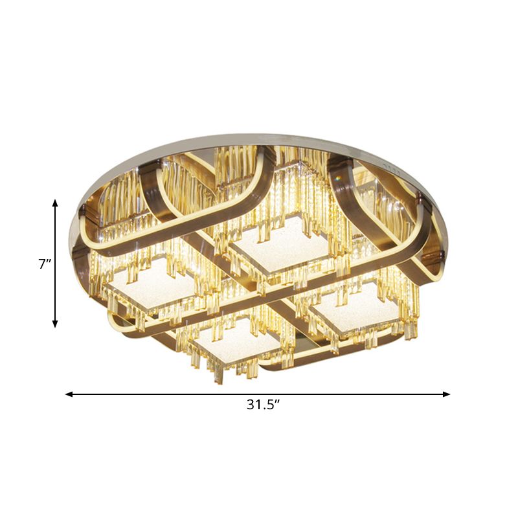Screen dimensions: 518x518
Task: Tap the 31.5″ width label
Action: click(x=266, y=405)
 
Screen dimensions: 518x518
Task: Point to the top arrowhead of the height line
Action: click(x=55, y=203)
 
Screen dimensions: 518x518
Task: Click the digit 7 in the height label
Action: click(x=42, y=264)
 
